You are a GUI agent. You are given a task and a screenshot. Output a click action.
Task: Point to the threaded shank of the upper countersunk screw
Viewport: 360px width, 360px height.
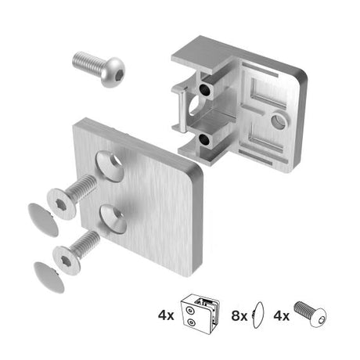click(83, 189)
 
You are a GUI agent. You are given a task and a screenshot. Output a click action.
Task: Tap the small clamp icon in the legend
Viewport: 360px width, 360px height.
click(200, 315)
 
